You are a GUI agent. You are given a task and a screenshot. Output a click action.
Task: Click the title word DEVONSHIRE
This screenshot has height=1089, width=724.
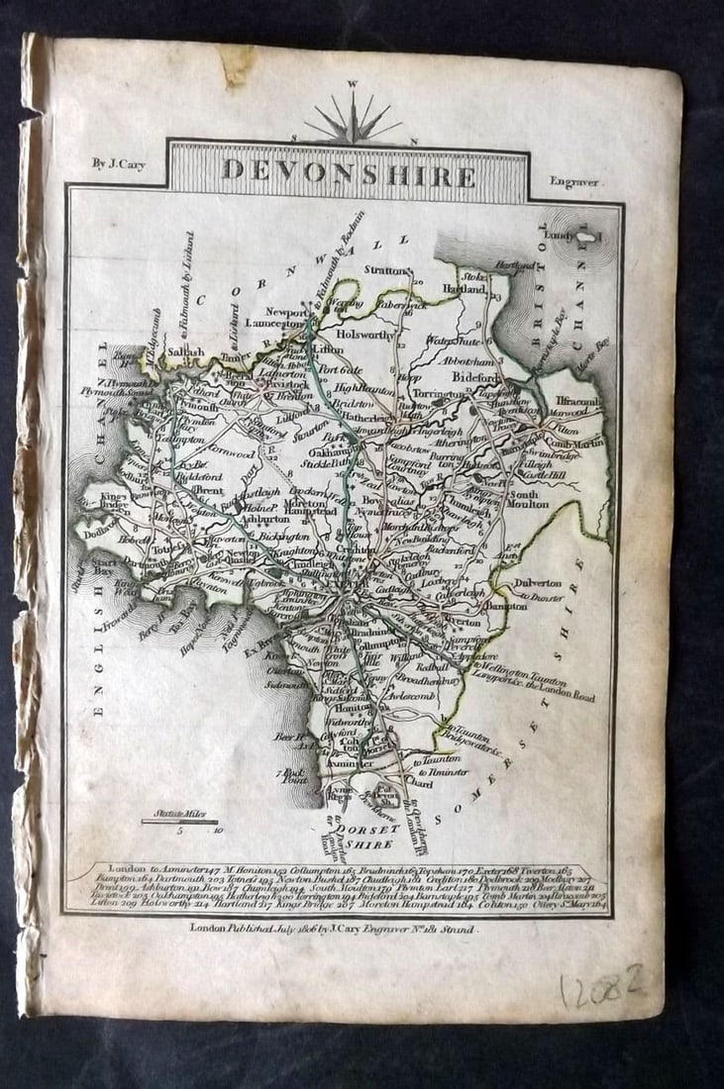coord(348,172)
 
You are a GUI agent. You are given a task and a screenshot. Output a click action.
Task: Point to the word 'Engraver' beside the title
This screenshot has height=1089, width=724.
coord(577,182)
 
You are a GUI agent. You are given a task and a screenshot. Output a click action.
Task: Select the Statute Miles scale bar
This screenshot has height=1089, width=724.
coord(178,821)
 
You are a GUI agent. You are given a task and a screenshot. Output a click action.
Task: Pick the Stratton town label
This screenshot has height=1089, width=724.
coord(386,269)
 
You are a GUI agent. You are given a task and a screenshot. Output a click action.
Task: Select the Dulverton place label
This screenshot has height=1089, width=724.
coord(538,584)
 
